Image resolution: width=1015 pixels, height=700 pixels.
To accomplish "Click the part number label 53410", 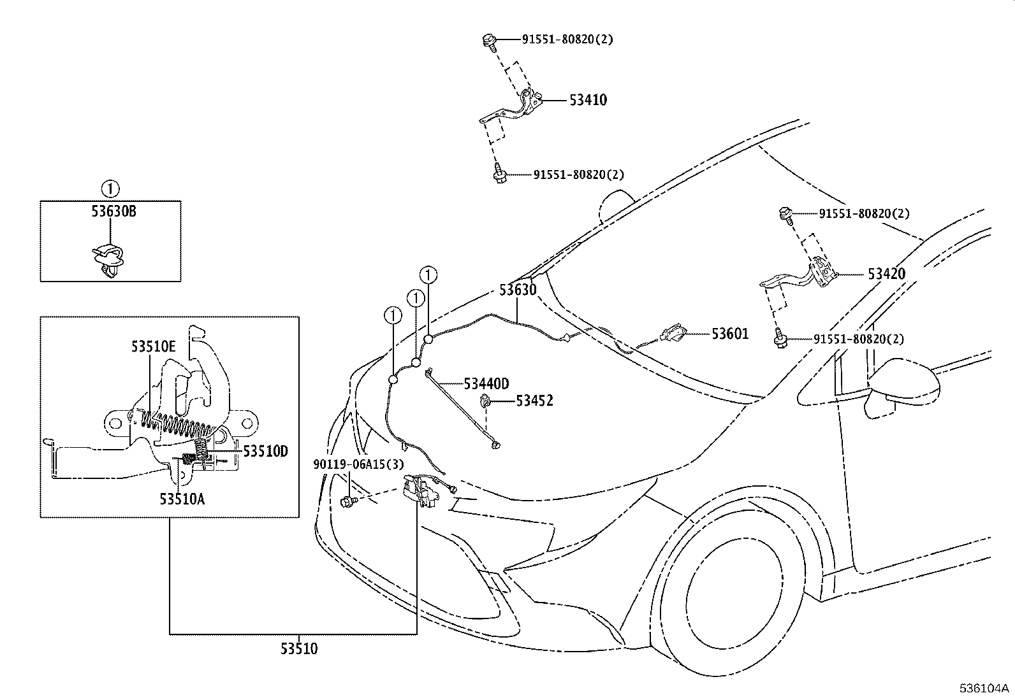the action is pyautogui.click(x=588, y=100).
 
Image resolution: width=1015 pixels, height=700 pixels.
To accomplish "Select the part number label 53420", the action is pyautogui.click(x=886, y=274).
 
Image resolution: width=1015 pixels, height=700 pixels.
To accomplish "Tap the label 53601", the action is pyautogui.click(x=730, y=334).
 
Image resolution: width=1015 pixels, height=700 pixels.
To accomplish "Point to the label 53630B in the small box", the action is pyautogui.click(x=113, y=211).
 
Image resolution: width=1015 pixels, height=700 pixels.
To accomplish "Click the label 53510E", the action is pyautogui.click(x=153, y=346).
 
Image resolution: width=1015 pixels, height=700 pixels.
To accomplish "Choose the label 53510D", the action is pyautogui.click(x=265, y=452).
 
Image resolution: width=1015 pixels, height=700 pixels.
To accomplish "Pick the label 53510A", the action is pyautogui.click(x=182, y=499).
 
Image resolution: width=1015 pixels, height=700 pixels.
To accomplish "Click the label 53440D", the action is pyautogui.click(x=486, y=384).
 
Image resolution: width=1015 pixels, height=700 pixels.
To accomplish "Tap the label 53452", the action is pyautogui.click(x=535, y=401).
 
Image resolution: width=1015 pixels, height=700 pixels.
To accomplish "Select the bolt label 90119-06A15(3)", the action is pyautogui.click(x=358, y=464).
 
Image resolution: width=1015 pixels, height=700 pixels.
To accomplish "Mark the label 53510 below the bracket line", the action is pyautogui.click(x=299, y=649).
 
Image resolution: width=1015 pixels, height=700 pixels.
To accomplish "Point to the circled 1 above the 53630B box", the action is pyautogui.click(x=110, y=189).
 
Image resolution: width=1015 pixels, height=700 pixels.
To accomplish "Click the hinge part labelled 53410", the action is pyautogui.click(x=511, y=107).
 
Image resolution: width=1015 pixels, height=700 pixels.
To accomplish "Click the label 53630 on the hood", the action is pyautogui.click(x=518, y=290).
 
